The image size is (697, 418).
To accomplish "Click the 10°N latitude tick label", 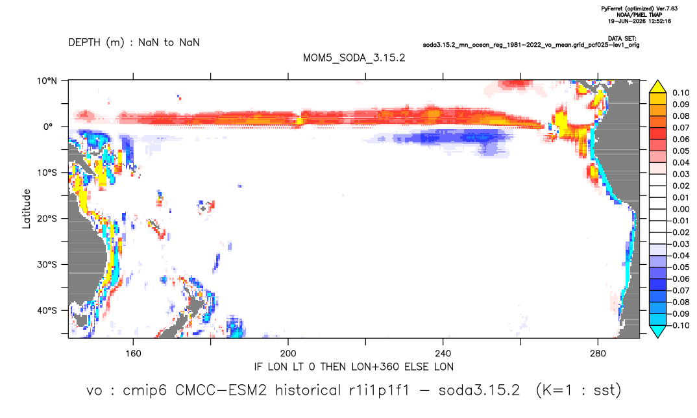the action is tap(47, 81).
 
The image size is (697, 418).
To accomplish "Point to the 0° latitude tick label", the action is tap(49, 127).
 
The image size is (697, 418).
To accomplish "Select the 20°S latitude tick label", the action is tap(47, 219).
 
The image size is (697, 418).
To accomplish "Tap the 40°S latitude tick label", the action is tap(47, 310).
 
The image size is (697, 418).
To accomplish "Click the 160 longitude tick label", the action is tap(133, 354).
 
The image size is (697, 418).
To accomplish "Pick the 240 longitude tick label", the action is tap(443, 354).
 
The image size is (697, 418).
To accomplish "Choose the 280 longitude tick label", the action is tap(598, 354).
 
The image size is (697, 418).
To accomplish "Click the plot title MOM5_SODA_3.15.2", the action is tap(354, 58).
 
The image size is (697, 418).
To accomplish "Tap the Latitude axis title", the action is tap(27, 208).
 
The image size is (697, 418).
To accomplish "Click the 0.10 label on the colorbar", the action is tap(681, 93).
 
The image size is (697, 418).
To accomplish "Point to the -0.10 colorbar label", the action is tap(679, 325).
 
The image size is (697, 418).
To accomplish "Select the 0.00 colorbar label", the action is tap(681, 209).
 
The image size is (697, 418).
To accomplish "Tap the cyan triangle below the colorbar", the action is tap(657, 331).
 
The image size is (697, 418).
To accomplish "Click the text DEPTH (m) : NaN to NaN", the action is tap(134, 43).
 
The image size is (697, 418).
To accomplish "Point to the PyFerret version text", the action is tap(639, 8).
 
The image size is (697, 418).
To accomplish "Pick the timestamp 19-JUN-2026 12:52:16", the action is tap(639, 21).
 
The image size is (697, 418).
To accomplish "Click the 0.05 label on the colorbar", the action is tap(681, 151).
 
